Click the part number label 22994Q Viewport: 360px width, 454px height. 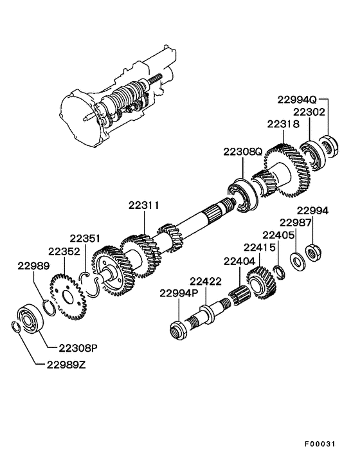pyautogui.click(x=297, y=100)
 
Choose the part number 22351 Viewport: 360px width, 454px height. pyautogui.click(x=85, y=238)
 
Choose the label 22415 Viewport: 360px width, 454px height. pyautogui.click(x=260, y=248)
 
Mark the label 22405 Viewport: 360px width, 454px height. pyautogui.click(x=279, y=235)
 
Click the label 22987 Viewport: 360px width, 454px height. pyautogui.click(x=296, y=222)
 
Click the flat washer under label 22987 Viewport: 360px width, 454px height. pyautogui.click(x=296, y=262)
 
